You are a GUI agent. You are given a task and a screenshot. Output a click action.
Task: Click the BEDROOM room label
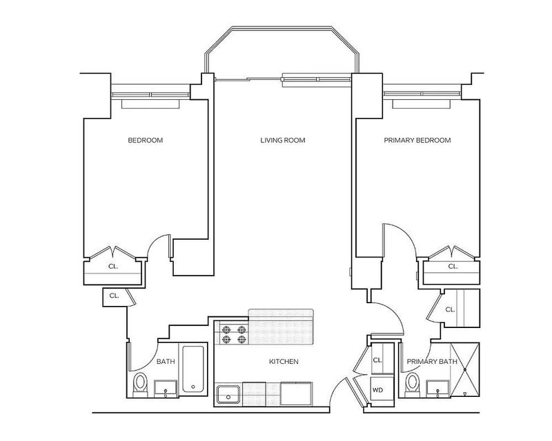[x=146, y=141]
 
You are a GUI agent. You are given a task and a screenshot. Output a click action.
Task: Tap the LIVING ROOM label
[x=283, y=141]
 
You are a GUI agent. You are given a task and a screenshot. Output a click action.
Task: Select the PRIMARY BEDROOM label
[x=417, y=141]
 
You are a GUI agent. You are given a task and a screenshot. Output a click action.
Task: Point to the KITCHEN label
[x=284, y=362]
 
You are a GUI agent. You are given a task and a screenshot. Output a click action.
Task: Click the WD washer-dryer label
[x=377, y=390]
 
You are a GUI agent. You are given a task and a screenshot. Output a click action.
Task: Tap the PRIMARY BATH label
[x=432, y=362]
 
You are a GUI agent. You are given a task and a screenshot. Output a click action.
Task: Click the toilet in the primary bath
[x=412, y=384]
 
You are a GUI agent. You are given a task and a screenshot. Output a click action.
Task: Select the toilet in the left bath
[x=140, y=384]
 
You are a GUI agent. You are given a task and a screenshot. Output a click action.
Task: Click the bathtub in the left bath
[x=193, y=369]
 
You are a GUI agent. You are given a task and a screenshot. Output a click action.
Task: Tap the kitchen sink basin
[x=228, y=395]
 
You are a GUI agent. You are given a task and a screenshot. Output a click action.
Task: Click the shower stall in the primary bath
[x=464, y=370]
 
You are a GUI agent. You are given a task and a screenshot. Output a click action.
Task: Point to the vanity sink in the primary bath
[x=437, y=389]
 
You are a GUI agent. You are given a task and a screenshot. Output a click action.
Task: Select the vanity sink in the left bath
[x=166, y=389]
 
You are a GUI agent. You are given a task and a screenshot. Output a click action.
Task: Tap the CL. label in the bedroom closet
[x=113, y=267]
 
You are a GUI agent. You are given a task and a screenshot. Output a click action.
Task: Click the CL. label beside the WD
[x=377, y=360]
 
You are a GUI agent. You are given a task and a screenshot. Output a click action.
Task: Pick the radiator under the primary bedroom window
[x=421, y=104]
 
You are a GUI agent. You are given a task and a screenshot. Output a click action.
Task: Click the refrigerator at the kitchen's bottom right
[x=296, y=394]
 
